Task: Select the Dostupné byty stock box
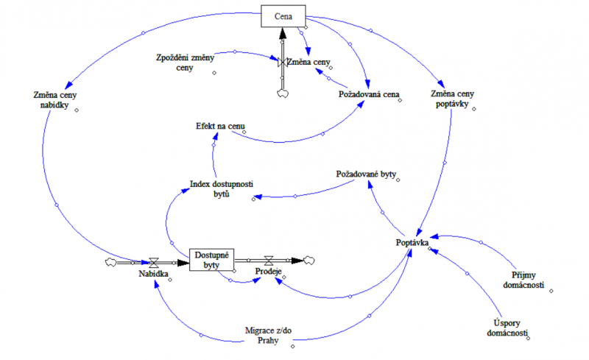pos(211,259)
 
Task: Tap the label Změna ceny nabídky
pos(55,101)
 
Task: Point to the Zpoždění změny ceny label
pos(183,62)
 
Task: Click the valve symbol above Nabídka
pos(154,261)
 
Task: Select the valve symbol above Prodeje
pos(270,260)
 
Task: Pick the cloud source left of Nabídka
pos(112,261)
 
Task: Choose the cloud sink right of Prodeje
pos(308,260)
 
